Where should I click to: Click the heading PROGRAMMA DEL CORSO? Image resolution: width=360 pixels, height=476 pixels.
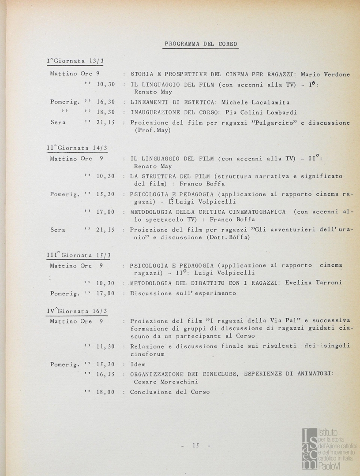coord(201,44)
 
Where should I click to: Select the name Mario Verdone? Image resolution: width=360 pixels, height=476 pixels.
coord(325,74)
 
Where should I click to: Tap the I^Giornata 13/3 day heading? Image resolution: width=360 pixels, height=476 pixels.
coord(75,61)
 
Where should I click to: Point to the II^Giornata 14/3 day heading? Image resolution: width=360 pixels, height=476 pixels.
coord(77,148)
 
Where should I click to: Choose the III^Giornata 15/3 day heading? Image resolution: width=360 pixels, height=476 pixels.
coord(79,255)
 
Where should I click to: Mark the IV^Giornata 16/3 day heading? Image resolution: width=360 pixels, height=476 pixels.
coord(77,311)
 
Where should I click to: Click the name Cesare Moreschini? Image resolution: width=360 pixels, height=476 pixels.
coord(166,382)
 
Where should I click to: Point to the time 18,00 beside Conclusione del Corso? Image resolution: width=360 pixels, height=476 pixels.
coord(105,392)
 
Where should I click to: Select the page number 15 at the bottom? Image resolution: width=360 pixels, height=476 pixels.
coord(196,446)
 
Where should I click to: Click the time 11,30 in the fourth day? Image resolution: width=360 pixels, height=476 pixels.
coord(105,346)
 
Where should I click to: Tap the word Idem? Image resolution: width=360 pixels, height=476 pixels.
coord(138,364)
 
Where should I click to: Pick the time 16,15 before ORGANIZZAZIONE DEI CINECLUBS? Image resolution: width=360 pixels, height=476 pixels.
coord(105,374)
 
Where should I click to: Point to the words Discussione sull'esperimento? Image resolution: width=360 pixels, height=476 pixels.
coord(183,293)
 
